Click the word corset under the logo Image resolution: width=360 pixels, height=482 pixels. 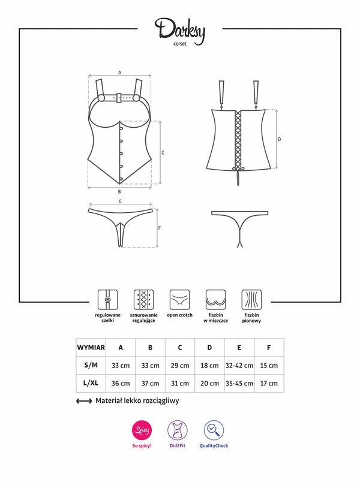[179, 44]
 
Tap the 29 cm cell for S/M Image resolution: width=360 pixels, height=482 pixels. [180, 366]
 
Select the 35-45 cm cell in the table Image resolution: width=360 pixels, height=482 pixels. [239, 383]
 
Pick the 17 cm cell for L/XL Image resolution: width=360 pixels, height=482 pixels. [269, 383]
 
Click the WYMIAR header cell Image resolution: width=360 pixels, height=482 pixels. [91, 348]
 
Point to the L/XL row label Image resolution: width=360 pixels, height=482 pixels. [91, 383]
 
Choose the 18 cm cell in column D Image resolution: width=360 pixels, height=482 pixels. [209, 366]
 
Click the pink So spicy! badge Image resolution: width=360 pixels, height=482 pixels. [142, 430]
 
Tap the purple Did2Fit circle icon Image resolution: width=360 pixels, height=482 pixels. [178, 430]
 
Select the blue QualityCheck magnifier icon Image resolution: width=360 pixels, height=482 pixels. [214, 430]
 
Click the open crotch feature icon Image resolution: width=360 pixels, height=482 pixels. [179, 299]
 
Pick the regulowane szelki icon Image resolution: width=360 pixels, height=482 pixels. [107, 299]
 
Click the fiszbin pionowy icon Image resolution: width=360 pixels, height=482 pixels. [251, 299]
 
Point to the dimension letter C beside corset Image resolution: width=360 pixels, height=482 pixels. [163, 153]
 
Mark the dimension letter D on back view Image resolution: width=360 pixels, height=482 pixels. [280, 139]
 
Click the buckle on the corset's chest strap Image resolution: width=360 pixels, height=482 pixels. [119, 98]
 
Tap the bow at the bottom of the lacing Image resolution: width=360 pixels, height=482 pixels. [238, 168]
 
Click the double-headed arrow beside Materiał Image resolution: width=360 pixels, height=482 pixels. [83, 401]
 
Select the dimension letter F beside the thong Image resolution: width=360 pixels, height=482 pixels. [159, 228]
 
